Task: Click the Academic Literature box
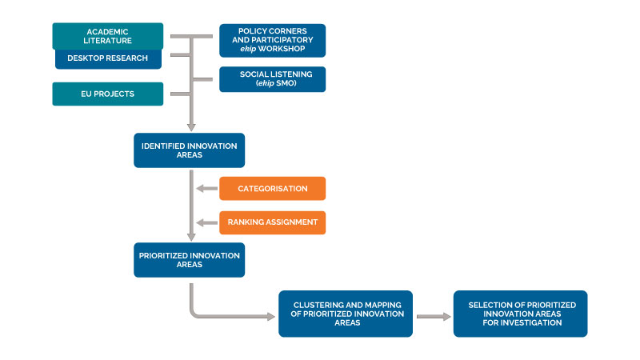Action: click(x=107, y=36)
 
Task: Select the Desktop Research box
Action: click(x=107, y=58)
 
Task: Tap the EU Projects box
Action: click(x=107, y=94)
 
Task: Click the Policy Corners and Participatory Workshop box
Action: click(x=272, y=40)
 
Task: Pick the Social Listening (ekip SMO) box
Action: click(x=272, y=78)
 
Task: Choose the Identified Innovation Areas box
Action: click(x=189, y=150)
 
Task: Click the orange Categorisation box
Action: click(x=272, y=189)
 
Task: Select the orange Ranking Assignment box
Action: click(x=272, y=222)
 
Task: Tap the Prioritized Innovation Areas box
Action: click(x=189, y=260)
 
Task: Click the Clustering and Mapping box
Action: click(x=346, y=313)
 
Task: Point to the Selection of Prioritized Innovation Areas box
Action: click(x=520, y=313)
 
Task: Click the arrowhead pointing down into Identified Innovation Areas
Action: click(x=191, y=126)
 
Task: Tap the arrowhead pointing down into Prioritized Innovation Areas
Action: click(x=191, y=236)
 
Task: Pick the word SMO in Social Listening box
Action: click(x=286, y=83)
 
